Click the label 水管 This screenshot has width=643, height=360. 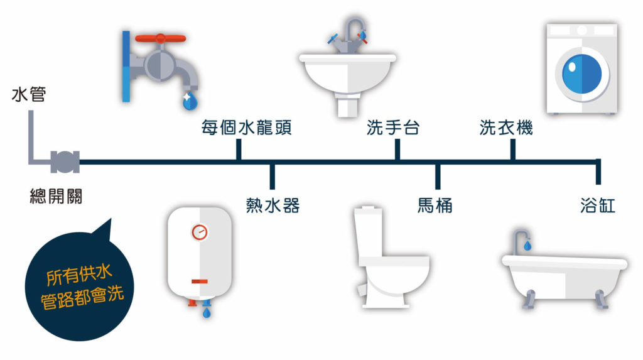29,94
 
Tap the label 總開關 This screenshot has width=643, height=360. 56,196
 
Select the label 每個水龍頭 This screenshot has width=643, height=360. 246,128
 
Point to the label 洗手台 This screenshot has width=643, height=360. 393,128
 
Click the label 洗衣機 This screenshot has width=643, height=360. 506,128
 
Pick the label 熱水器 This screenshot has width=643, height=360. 273,205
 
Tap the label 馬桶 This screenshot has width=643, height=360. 435,205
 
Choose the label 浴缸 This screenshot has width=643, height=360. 598,205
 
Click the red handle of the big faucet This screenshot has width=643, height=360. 160,38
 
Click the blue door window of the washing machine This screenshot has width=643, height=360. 582,74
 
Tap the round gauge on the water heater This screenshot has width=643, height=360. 200,232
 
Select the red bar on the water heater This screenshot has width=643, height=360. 200,281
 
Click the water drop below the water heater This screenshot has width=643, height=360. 207,313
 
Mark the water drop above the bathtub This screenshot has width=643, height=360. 527,246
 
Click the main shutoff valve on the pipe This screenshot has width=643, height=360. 65,161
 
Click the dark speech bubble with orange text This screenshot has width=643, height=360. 79,286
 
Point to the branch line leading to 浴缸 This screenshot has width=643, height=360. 598,172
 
